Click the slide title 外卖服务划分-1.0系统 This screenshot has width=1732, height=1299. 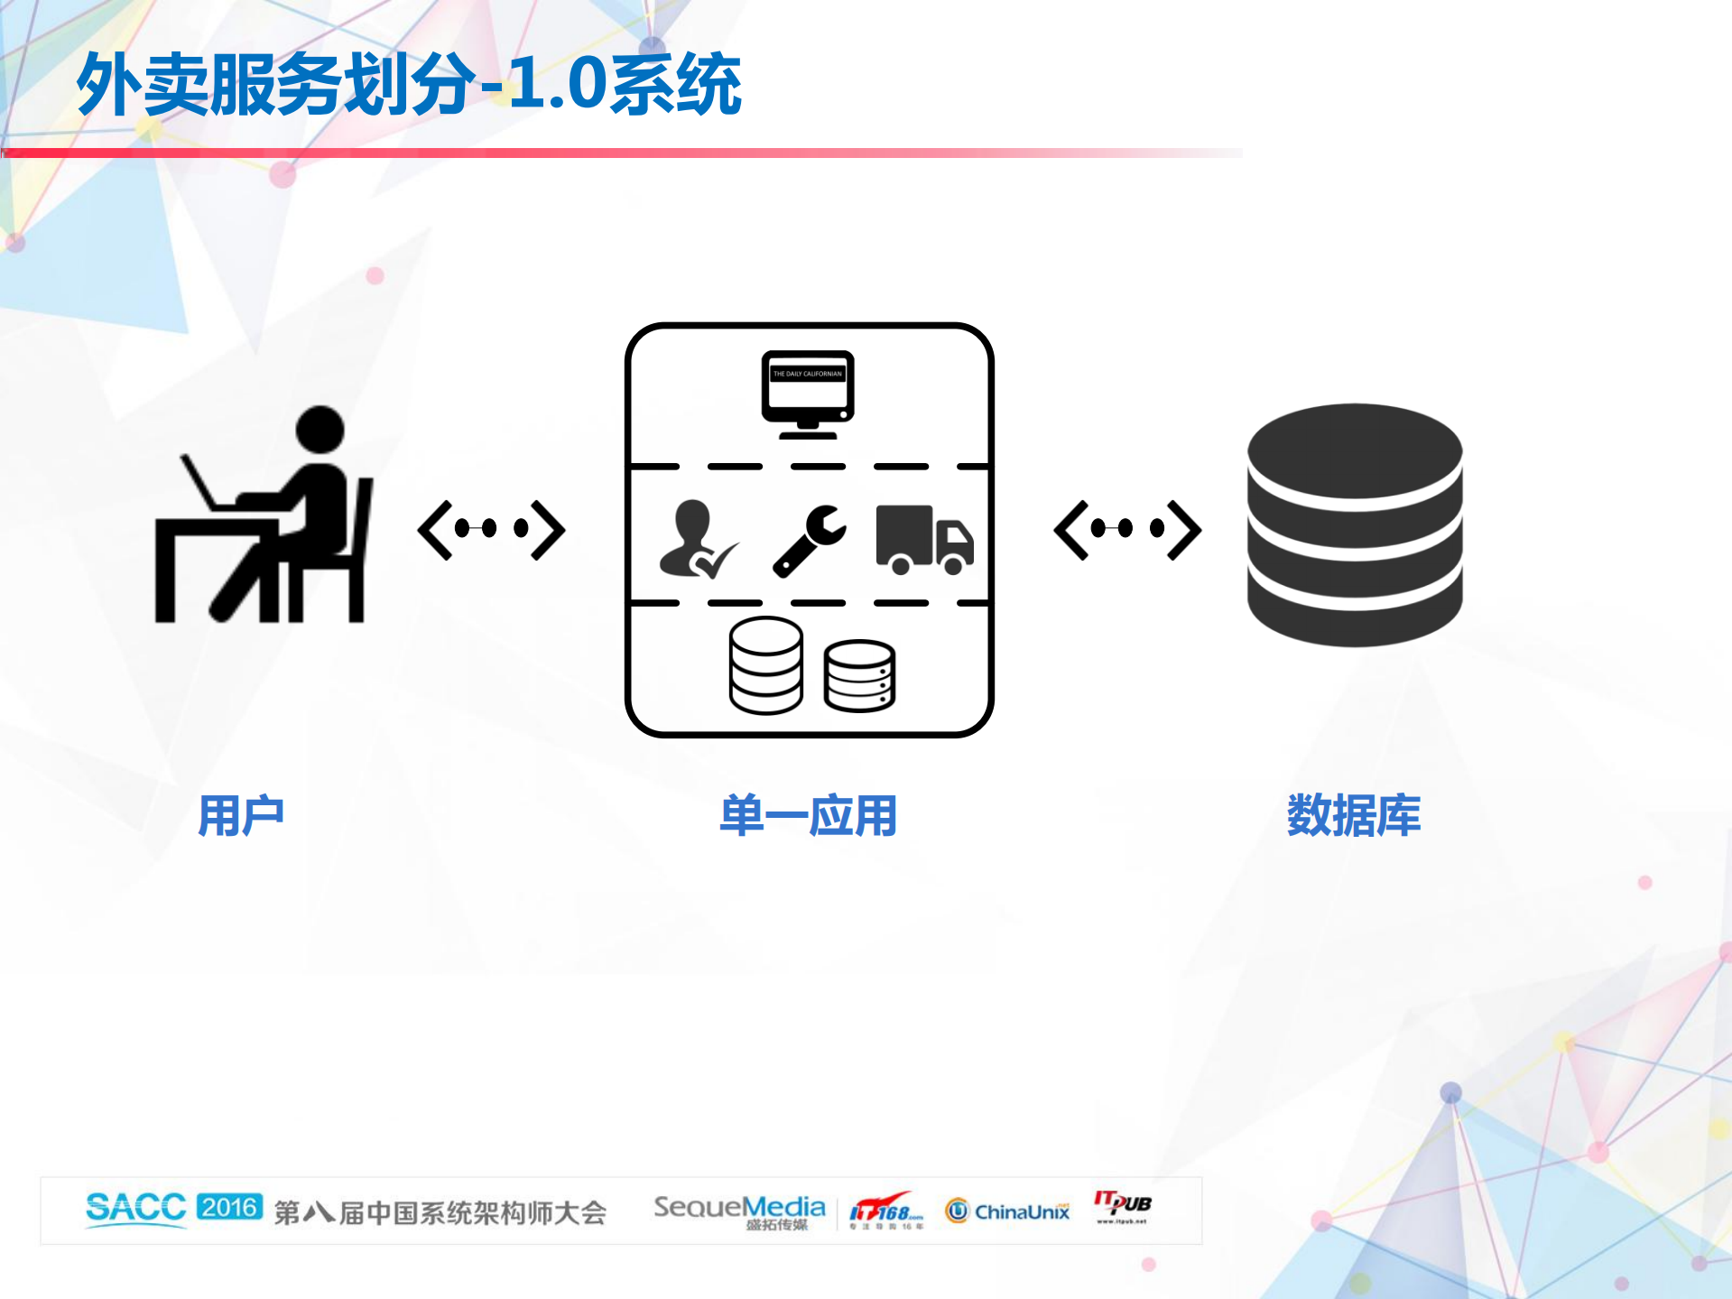(x=409, y=84)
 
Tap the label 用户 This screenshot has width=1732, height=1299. (x=241, y=816)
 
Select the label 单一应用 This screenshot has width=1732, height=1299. (x=808, y=816)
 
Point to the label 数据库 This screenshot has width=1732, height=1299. (x=1353, y=816)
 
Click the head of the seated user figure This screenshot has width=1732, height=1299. (x=320, y=430)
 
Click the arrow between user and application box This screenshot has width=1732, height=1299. (x=491, y=530)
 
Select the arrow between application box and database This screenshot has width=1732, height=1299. (x=1127, y=530)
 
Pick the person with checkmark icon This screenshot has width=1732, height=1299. (x=696, y=540)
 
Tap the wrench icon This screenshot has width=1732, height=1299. (x=810, y=540)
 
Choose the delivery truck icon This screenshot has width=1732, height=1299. (x=924, y=540)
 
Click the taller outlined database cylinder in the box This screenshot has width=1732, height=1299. (x=765, y=665)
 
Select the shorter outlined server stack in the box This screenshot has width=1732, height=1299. (x=859, y=676)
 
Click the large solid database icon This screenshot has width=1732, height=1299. (x=1354, y=525)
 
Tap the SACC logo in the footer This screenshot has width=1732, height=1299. (x=135, y=1208)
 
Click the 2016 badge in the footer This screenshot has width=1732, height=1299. (x=229, y=1207)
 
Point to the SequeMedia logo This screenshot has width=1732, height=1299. (x=739, y=1211)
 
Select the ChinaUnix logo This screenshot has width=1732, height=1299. (x=1007, y=1211)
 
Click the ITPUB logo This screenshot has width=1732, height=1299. (x=1122, y=1206)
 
